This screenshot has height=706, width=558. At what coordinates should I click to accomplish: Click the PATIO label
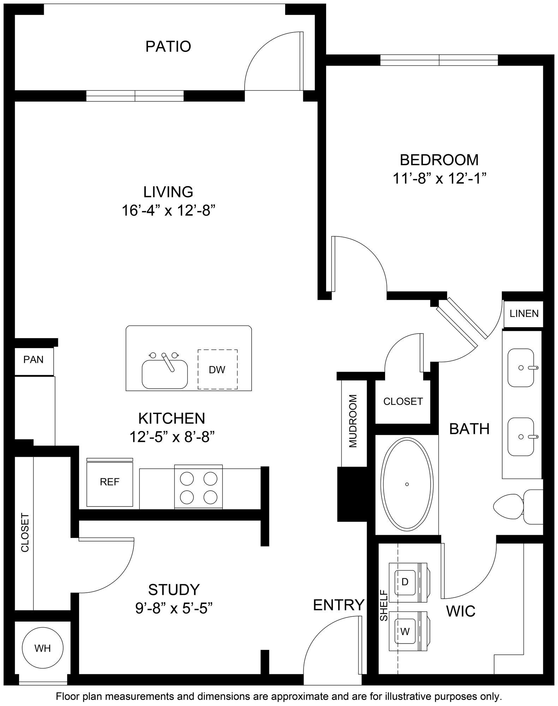[168, 46]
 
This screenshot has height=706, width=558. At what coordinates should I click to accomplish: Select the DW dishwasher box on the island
[217, 370]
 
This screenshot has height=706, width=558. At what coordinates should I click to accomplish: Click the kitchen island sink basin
[164, 374]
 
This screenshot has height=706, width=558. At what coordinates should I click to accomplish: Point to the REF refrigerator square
[110, 482]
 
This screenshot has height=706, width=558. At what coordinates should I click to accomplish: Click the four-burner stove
[198, 487]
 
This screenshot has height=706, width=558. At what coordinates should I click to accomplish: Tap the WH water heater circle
[42, 648]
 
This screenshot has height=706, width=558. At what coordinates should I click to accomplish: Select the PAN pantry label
[34, 359]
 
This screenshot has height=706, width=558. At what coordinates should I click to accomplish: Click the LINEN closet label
[524, 313]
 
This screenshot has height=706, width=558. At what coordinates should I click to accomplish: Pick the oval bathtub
[407, 484]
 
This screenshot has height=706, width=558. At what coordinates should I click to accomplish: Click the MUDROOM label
[353, 421]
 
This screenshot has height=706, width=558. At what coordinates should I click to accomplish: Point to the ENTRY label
[338, 605]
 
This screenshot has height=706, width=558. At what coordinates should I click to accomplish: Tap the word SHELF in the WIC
[384, 605]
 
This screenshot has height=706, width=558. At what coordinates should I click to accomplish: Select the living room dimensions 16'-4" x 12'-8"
[168, 211]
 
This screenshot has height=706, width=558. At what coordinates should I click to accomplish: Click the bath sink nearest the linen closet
[521, 367]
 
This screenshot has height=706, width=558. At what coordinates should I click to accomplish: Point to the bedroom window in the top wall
[439, 60]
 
